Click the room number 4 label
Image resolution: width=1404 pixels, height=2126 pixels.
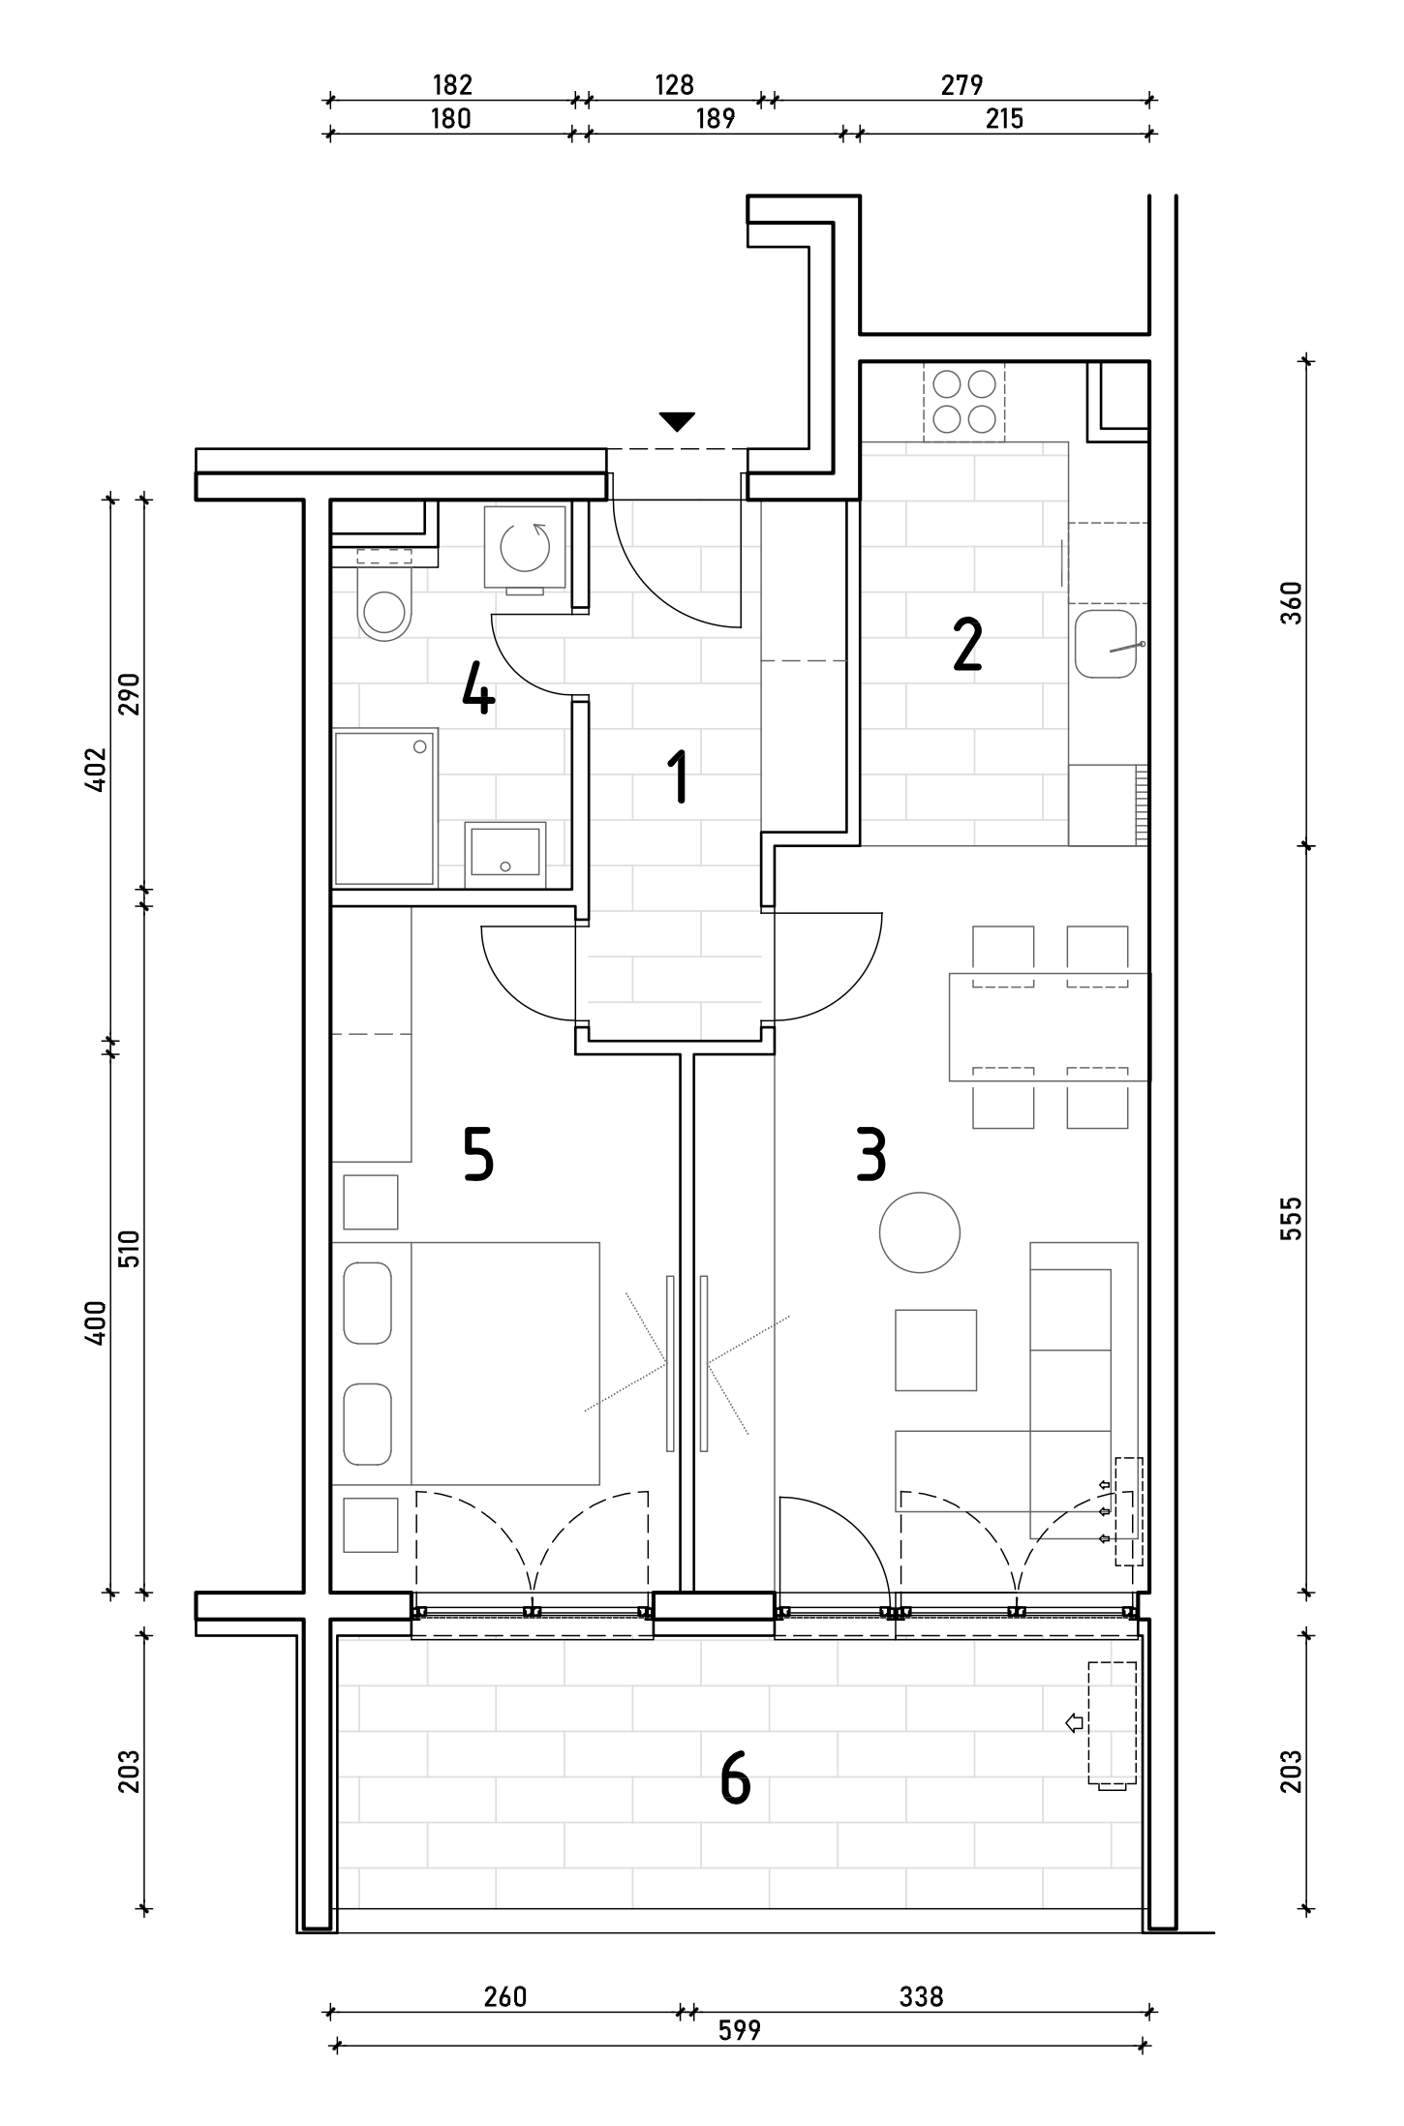[478, 687]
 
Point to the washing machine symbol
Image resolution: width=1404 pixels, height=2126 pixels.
[526, 547]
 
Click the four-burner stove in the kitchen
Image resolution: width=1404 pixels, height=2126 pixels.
[964, 402]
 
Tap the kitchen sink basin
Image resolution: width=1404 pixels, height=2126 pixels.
[1106, 643]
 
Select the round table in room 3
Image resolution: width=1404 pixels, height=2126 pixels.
[920, 1232]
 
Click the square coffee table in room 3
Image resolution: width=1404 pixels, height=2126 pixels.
[935, 1351]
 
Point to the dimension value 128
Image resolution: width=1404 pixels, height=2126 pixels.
[674, 85]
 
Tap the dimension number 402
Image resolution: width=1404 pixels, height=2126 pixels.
[95, 770]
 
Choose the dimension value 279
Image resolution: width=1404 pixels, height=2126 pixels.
[961, 85]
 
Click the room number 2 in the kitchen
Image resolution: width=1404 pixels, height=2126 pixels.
[967, 645]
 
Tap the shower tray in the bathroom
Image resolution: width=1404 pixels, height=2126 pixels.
[384, 807]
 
